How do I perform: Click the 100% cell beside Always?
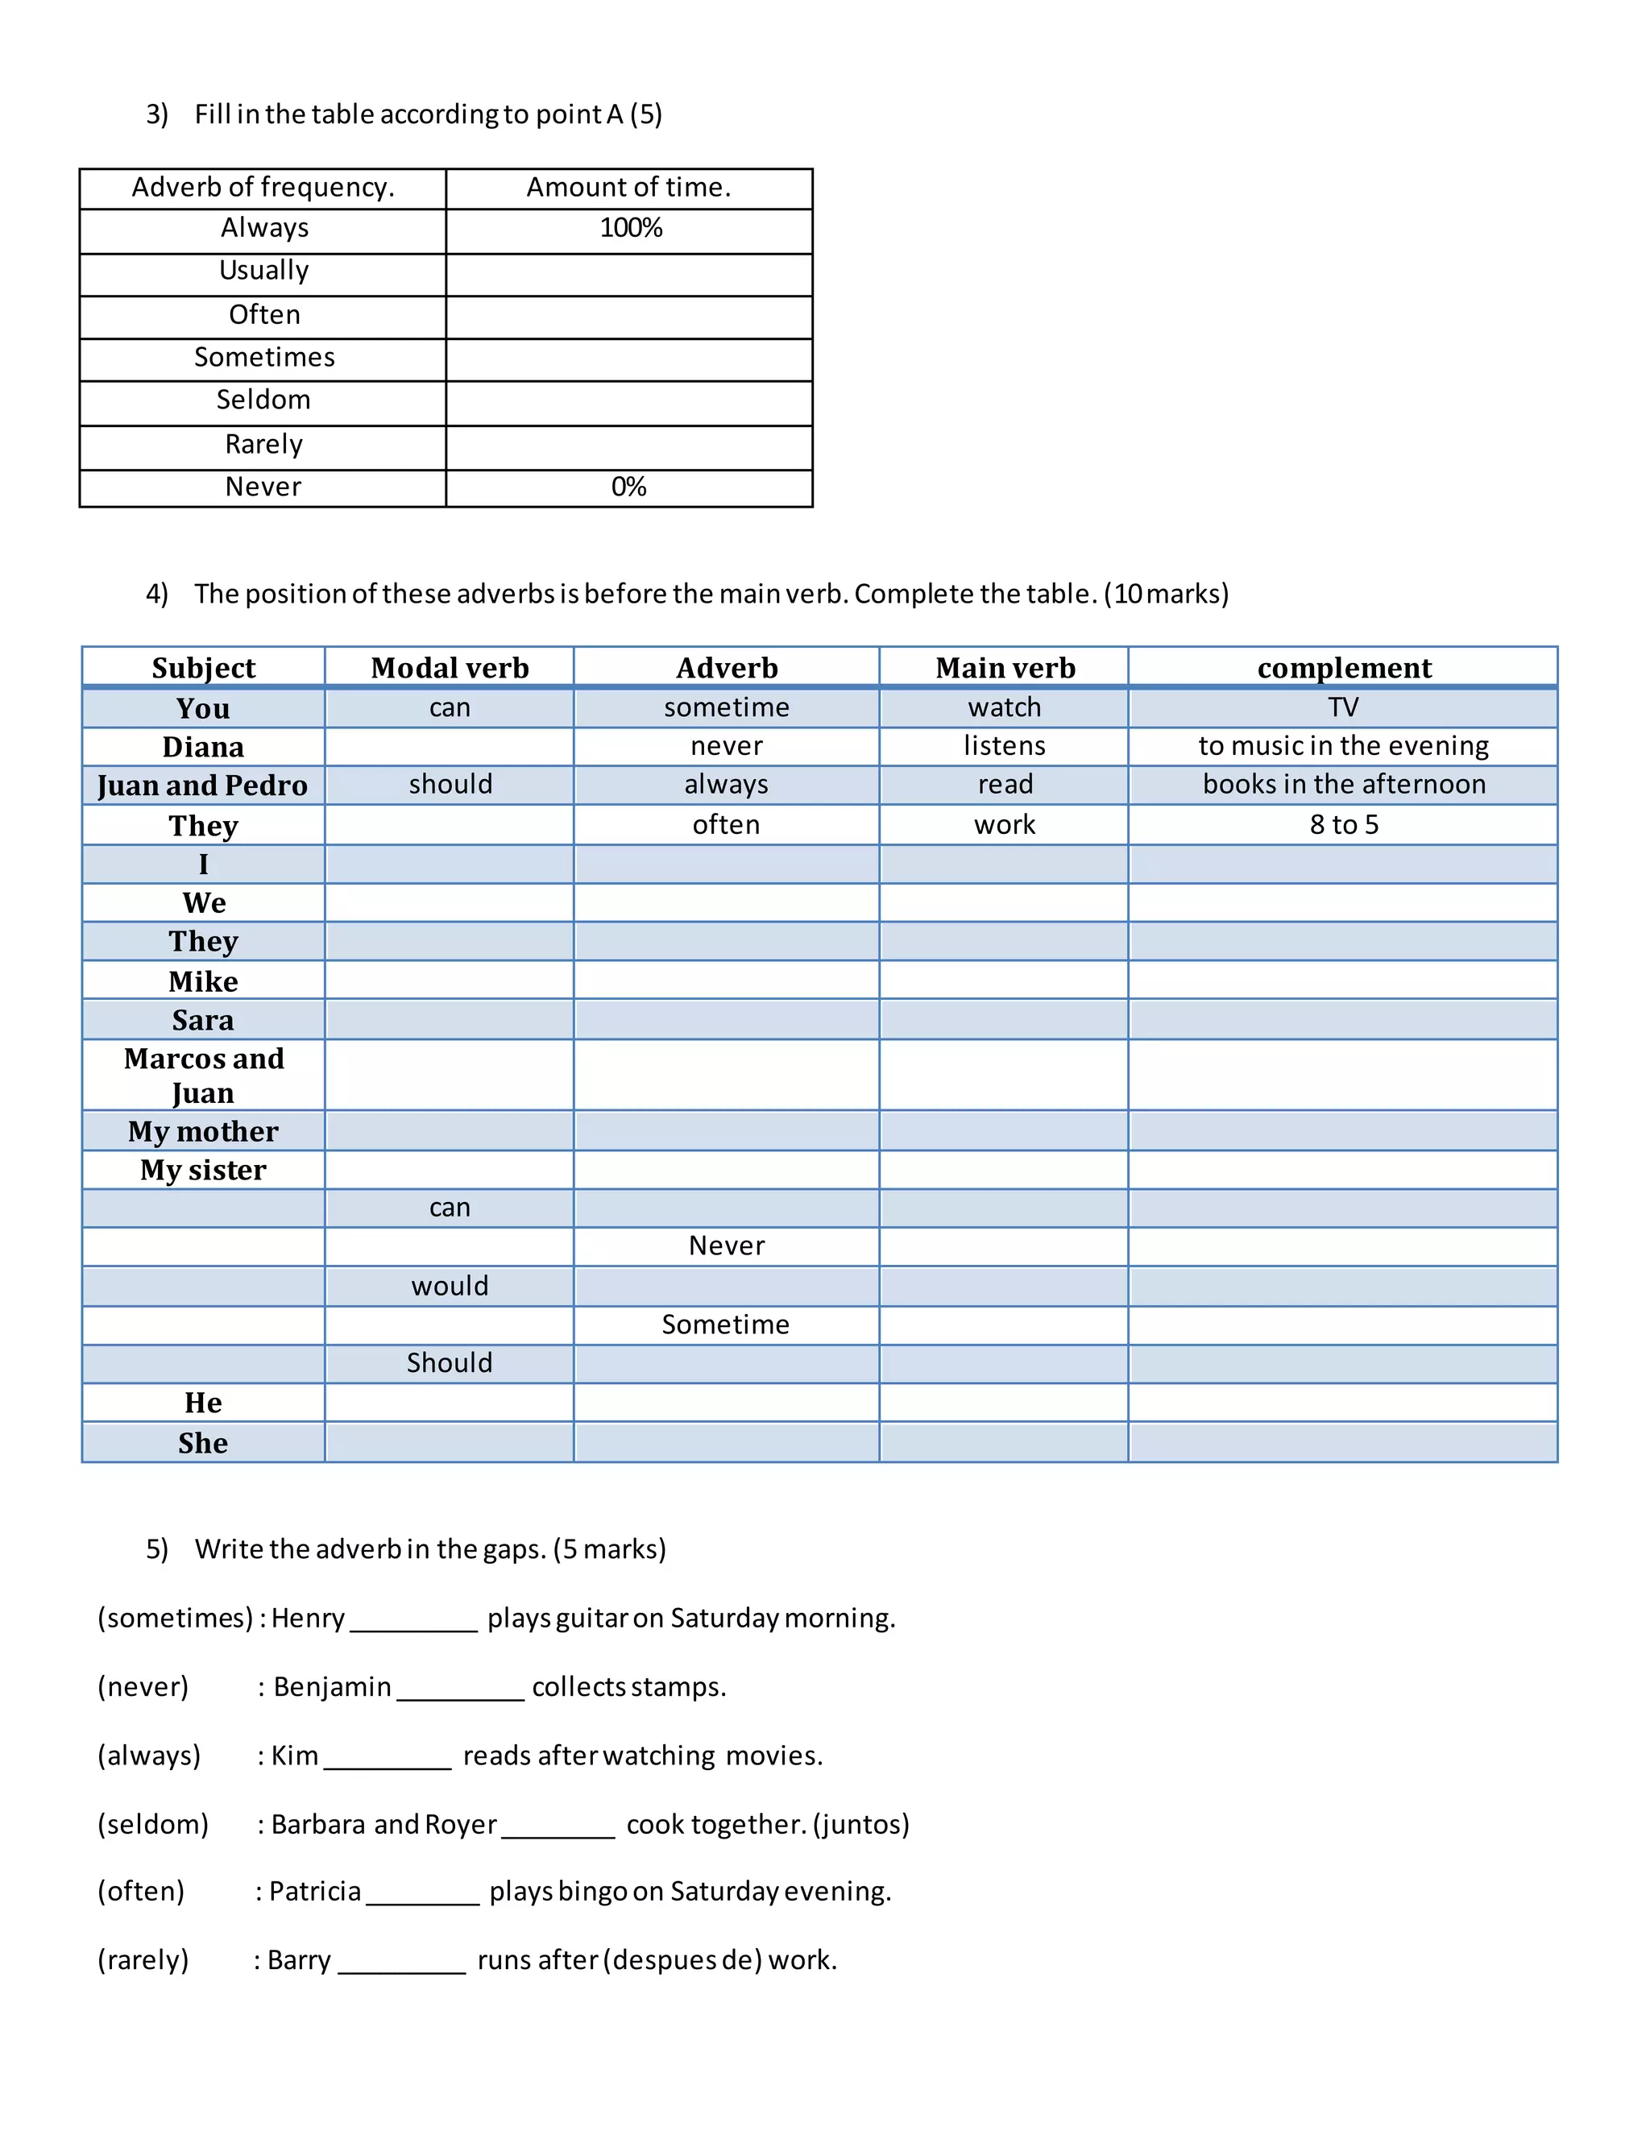point(631,229)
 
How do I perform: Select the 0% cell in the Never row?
point(628,487)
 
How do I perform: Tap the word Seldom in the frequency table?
point(263,400)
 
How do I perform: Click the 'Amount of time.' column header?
point(628,187)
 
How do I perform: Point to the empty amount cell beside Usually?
point(628,274)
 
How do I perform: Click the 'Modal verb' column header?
point(450,668)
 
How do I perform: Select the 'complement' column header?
point(1343,668)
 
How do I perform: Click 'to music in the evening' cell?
point(1343,746)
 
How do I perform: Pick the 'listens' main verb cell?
point(1004,746)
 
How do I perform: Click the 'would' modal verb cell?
point(450,1286)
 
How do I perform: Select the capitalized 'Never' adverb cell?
point(726,1246)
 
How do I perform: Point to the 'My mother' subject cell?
point(203,1131)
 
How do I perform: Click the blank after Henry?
point(413,1622)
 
